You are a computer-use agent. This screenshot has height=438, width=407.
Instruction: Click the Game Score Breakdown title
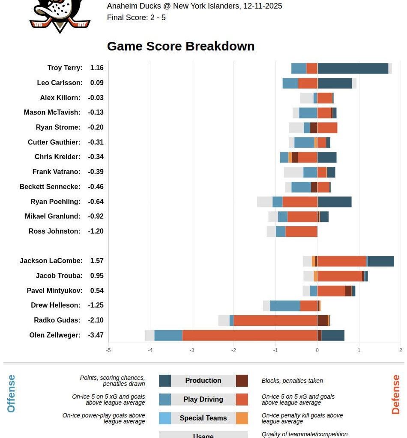180,46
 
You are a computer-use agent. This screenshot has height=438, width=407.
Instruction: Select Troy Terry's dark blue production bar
353,68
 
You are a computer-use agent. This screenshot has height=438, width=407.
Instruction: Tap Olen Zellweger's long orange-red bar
250,335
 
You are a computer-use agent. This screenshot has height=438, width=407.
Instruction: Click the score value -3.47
96,335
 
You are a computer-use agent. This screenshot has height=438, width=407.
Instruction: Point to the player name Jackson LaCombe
51,261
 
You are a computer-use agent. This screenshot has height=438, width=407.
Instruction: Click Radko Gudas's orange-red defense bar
275,320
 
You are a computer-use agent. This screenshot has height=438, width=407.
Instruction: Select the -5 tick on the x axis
108,350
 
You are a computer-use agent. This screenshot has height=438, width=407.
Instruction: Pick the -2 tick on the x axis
233,350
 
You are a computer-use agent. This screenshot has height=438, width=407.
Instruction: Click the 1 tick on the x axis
359,350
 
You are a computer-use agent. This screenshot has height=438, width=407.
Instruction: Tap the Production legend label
203,381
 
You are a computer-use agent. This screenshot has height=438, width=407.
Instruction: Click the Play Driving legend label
203,400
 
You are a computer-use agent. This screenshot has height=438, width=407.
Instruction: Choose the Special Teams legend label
203,418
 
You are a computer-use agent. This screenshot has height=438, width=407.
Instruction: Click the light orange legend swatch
242,418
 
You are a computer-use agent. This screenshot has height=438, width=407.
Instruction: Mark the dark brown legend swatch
242,381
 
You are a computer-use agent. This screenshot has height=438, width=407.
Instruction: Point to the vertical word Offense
11,394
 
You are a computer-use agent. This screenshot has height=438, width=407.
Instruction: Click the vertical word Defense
395,394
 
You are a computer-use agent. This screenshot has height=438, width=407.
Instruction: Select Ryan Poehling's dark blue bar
335,202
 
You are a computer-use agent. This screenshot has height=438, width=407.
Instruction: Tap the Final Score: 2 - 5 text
136,18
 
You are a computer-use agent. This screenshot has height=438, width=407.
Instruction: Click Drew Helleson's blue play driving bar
285,306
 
